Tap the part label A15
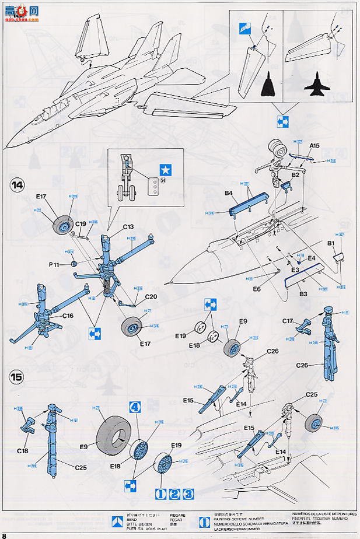[314, 145]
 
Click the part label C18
[24, 451]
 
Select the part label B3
[304, 295]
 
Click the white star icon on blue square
[166, 169]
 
